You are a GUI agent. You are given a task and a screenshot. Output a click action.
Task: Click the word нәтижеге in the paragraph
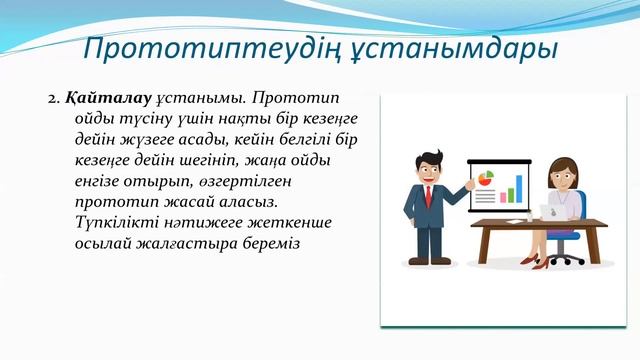207,221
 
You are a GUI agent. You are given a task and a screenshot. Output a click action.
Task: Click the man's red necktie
428,194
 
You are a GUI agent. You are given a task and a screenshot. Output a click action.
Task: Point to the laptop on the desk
554,211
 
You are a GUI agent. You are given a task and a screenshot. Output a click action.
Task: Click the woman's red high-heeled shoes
540,262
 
